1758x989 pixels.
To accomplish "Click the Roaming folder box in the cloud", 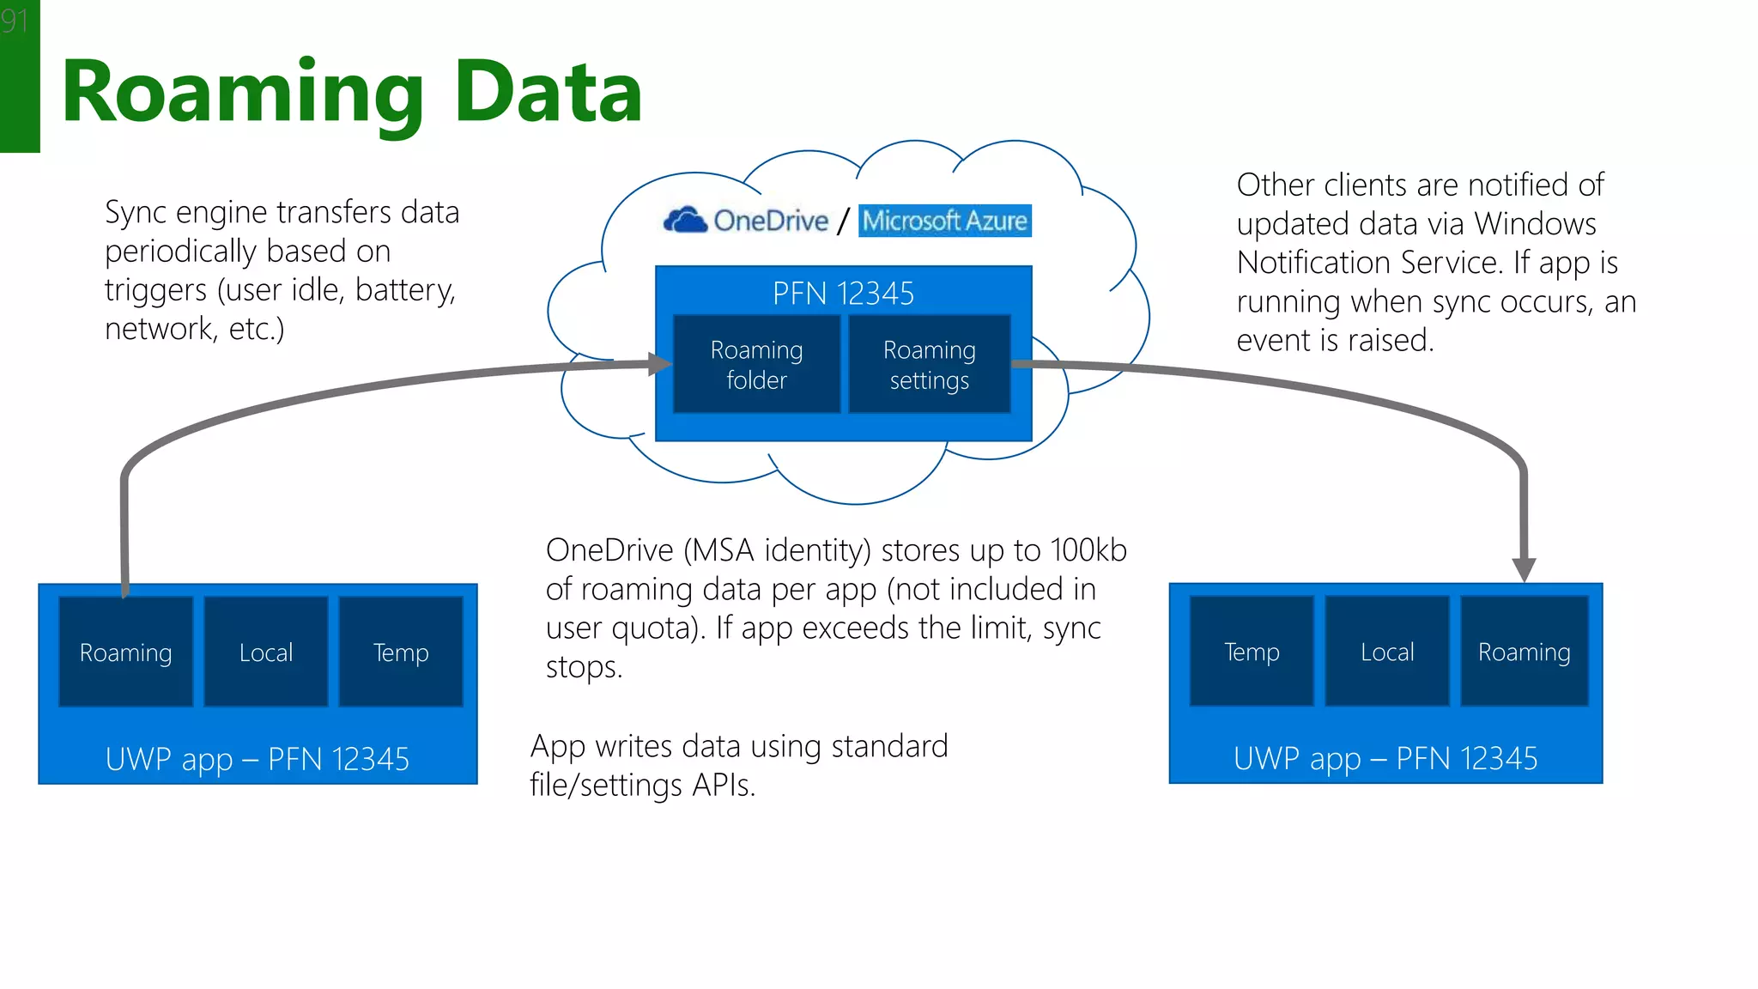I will [756, 365].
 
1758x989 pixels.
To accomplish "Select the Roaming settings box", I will [929, 365].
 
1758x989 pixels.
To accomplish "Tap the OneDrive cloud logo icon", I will [685, 221].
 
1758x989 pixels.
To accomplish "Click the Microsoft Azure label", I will [944, 221].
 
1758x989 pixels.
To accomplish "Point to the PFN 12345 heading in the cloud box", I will [843, 294].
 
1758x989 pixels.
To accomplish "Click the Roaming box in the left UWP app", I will [126, 652].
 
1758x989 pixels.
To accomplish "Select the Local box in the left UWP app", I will [266, 652].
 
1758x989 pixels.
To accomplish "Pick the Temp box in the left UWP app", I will [401, 652].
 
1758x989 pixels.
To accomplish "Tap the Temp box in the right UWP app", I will [1252, 652].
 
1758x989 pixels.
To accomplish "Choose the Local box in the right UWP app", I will [1387, 652].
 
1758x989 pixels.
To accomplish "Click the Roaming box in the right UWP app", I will [1524, 652].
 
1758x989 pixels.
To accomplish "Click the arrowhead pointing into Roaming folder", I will [659, 364].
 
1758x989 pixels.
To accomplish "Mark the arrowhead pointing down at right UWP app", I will [1524, 569].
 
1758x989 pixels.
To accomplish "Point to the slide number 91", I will [15, 20].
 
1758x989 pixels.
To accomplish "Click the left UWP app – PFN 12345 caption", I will [258, 759].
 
